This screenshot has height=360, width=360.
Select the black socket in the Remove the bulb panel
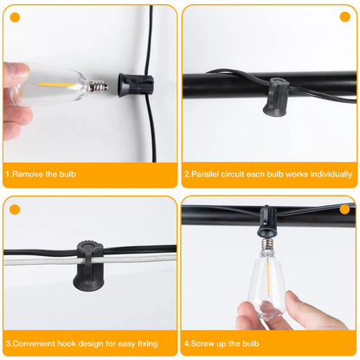(133, 83)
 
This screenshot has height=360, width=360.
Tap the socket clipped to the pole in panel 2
(277, 93)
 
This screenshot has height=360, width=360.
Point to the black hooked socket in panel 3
(89, 260)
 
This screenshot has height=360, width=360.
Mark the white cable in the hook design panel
(35, 257)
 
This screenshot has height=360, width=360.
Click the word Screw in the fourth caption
(202, 342)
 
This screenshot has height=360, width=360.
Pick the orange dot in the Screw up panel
(344, 209)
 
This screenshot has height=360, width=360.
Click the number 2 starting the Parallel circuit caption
(187, 174)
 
